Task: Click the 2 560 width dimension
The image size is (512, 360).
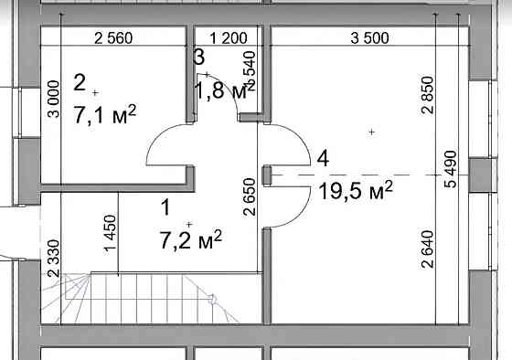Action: pyautogui.click(x=113, y=38)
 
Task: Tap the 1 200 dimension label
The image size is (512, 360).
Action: pyautogui.click(x=229, y=38)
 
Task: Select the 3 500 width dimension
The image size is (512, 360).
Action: pyautogui.click(x=369, y=38)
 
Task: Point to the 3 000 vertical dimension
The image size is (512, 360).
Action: pyautogui.click(x=54, y=99)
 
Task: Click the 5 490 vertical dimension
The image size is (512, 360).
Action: pyautogui.click(x=451, y=169)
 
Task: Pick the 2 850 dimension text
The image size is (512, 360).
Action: pyautogui.click(x=428, y=95)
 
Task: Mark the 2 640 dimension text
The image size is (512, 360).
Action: pyautogui.click(x=428, y=249)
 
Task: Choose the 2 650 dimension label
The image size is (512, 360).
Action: pyautogui.click(x=250, y=196)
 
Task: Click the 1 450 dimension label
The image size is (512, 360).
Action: pyautogui.click(x=111, y=233)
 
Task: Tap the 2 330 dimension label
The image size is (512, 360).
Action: pyautogui.click(x=54, y=259)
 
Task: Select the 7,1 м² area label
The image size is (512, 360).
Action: pyautogui.click(x=105, y=114)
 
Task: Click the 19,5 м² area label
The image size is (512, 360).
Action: pyautogui.click(x=356, y=191)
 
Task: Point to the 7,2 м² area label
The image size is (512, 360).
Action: pyautogui.click(x=191, y=240)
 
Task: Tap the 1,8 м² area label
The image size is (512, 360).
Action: pyautogui.click(x=225, y=90)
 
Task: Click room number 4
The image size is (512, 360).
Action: pyautogui.click(x=324, y=159)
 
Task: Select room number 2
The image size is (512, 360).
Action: pyautogui.click(x=80, y=82)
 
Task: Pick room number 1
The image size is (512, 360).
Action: pyautogui.click(x=166, y=207)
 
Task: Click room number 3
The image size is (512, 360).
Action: pyautogui.click(x=199, y=57)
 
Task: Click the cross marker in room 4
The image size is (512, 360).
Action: pyautogui.click(x=371, y=132)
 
